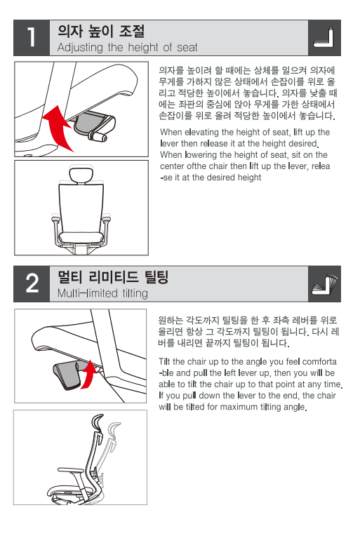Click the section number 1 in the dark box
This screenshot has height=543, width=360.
click(31, 37)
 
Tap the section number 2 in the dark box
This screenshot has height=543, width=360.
click(32, 283)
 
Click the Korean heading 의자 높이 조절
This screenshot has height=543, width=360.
click(101, 31)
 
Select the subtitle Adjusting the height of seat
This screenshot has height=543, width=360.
click(127, 48)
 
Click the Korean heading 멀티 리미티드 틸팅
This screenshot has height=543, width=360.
click(113, 277)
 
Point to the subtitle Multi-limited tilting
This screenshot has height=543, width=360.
click(102, 293)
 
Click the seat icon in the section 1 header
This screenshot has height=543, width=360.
click(324, 37)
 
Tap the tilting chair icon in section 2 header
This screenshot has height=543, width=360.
click(324, 284)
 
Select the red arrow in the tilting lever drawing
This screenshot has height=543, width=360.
click(89, 375)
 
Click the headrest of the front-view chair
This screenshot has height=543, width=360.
click(81, 174)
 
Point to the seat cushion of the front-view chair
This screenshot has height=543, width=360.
click(81, 238)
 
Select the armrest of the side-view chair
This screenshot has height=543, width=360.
click(70, 470)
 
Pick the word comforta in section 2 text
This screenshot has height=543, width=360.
click(319, 361)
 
